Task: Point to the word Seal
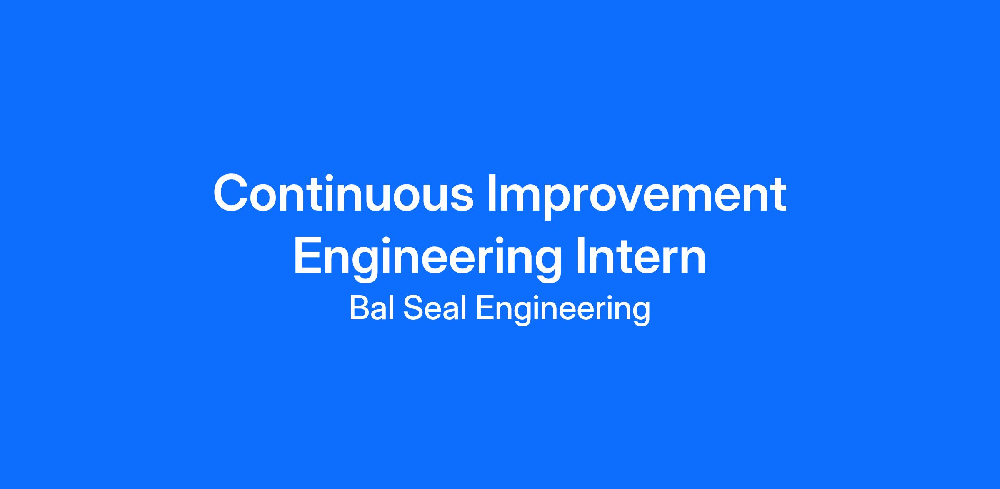[x=435, y=308]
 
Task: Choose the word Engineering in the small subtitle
[x=563, y=311]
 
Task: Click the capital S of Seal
[x=413, y=308]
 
